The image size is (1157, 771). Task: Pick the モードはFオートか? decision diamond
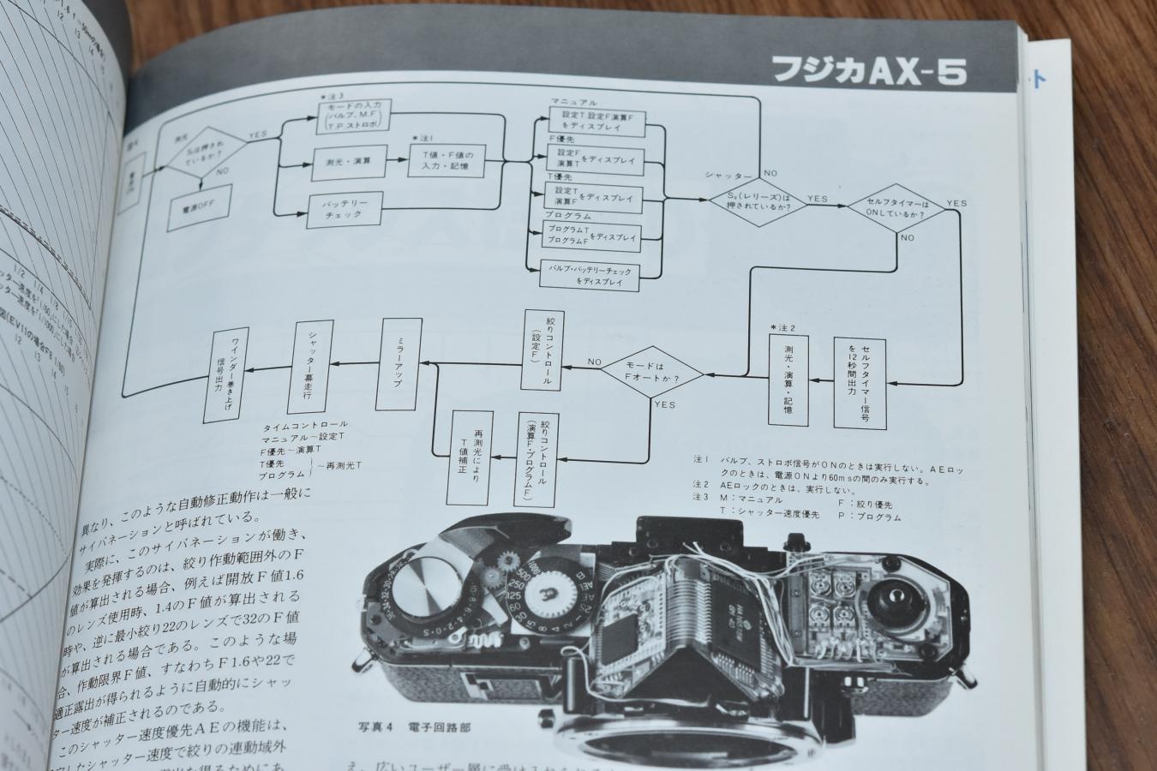[651, 374]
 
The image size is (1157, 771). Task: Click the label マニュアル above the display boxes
[574, 102]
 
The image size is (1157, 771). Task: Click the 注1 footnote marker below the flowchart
[701, 459]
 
